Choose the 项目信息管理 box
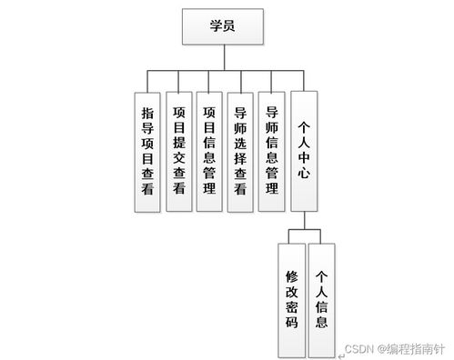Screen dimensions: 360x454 (x=210, y=151)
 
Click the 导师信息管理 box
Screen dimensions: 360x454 (x=272, y=151)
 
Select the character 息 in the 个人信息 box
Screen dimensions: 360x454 (x=322, y=321)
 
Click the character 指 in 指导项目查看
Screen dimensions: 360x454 (x=147, y=114)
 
